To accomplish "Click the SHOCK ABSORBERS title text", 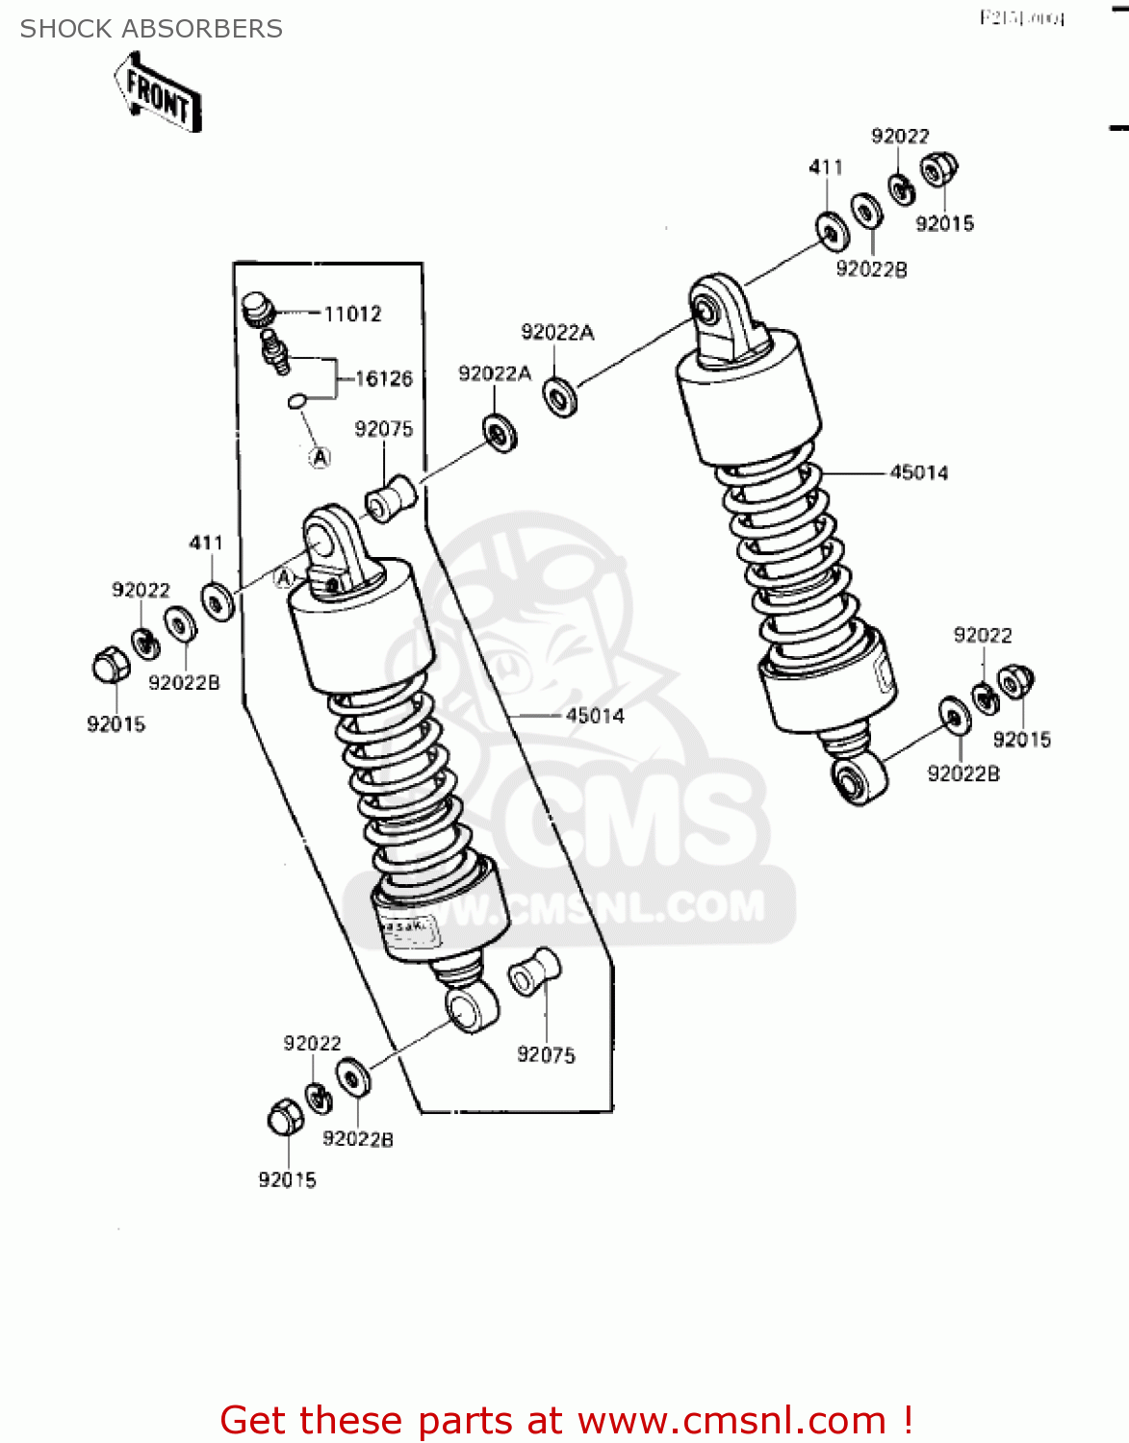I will pyautogui.click(x=151, y=29).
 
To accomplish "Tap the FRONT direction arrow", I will pyautogui.click(x=158, y=94).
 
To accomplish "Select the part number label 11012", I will pyautogui.click(x=352, y=314).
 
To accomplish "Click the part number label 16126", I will pyautogui.click(x=383, y=378).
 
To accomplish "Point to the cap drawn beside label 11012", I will pyautogui.click(x=258, y=309).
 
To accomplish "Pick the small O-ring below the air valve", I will pyautogui.click(x=297, y=399).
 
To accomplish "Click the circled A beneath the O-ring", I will pyautogui.click(x=320, y=457).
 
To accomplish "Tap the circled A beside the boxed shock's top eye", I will pyautogui.click(x=284, y=577).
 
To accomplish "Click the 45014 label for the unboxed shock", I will pyautogui.click(x=918, y=472).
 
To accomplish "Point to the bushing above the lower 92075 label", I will pyautogui.click(x=534, y=971).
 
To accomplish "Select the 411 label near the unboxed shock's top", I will pyautogui.click(x=826, y=167).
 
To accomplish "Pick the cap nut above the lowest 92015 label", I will pyautogui.click(x=285, y=1117).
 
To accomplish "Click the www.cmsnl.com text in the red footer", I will pyautogui.click(x=731, y=1421).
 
